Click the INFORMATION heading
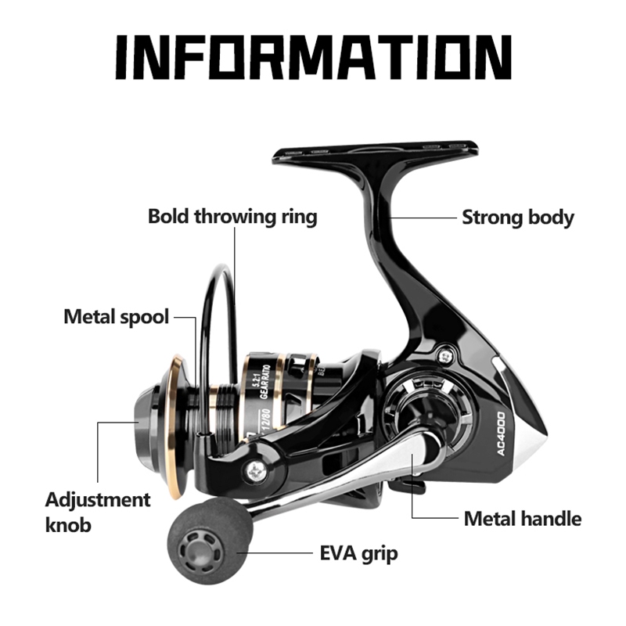313,59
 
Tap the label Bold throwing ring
232,216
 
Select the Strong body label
517,217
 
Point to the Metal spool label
116,317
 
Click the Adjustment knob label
97,511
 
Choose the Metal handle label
523,518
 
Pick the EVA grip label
358,554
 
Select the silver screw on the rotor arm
256,470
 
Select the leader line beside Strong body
423,217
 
